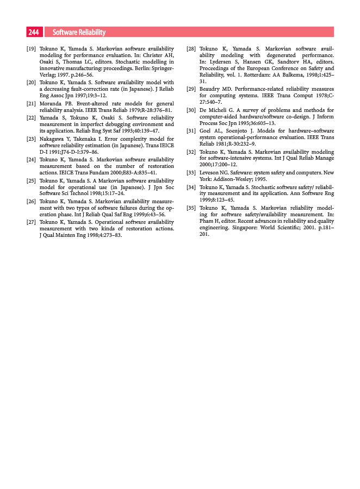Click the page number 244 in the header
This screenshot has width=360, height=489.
point(34,33)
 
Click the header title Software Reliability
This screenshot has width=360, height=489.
point(79,33)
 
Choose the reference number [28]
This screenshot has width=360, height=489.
point(191,49)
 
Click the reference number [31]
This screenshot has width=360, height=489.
point(191,131)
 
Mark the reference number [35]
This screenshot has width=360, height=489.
point(191,208)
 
